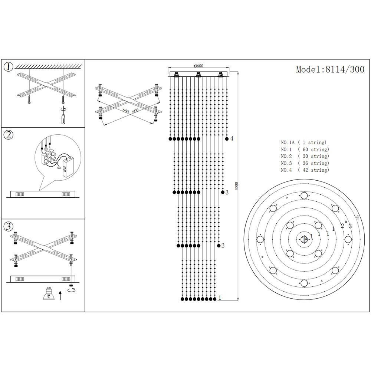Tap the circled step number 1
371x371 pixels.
click(x=9, y=67)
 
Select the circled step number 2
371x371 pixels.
click(x=9, y=135)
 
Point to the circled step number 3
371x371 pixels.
click(x=9, y=226)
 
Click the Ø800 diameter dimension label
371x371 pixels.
click(x=198, y=66)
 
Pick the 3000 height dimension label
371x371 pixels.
click(x=237, y=185)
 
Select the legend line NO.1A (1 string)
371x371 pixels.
click(x=303, y=142)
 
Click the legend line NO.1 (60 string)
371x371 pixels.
click(x=305, y=150)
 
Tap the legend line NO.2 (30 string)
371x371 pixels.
click(x=305, y=156)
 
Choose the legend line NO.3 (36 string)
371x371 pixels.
click(x=305, y=163)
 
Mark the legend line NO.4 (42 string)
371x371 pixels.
click(x=305, y=170)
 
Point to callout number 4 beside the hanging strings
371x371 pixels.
click(x=232, y=138)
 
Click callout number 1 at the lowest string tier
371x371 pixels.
click(x=220, y=298)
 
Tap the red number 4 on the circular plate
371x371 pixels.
click(x=357, y=217)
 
